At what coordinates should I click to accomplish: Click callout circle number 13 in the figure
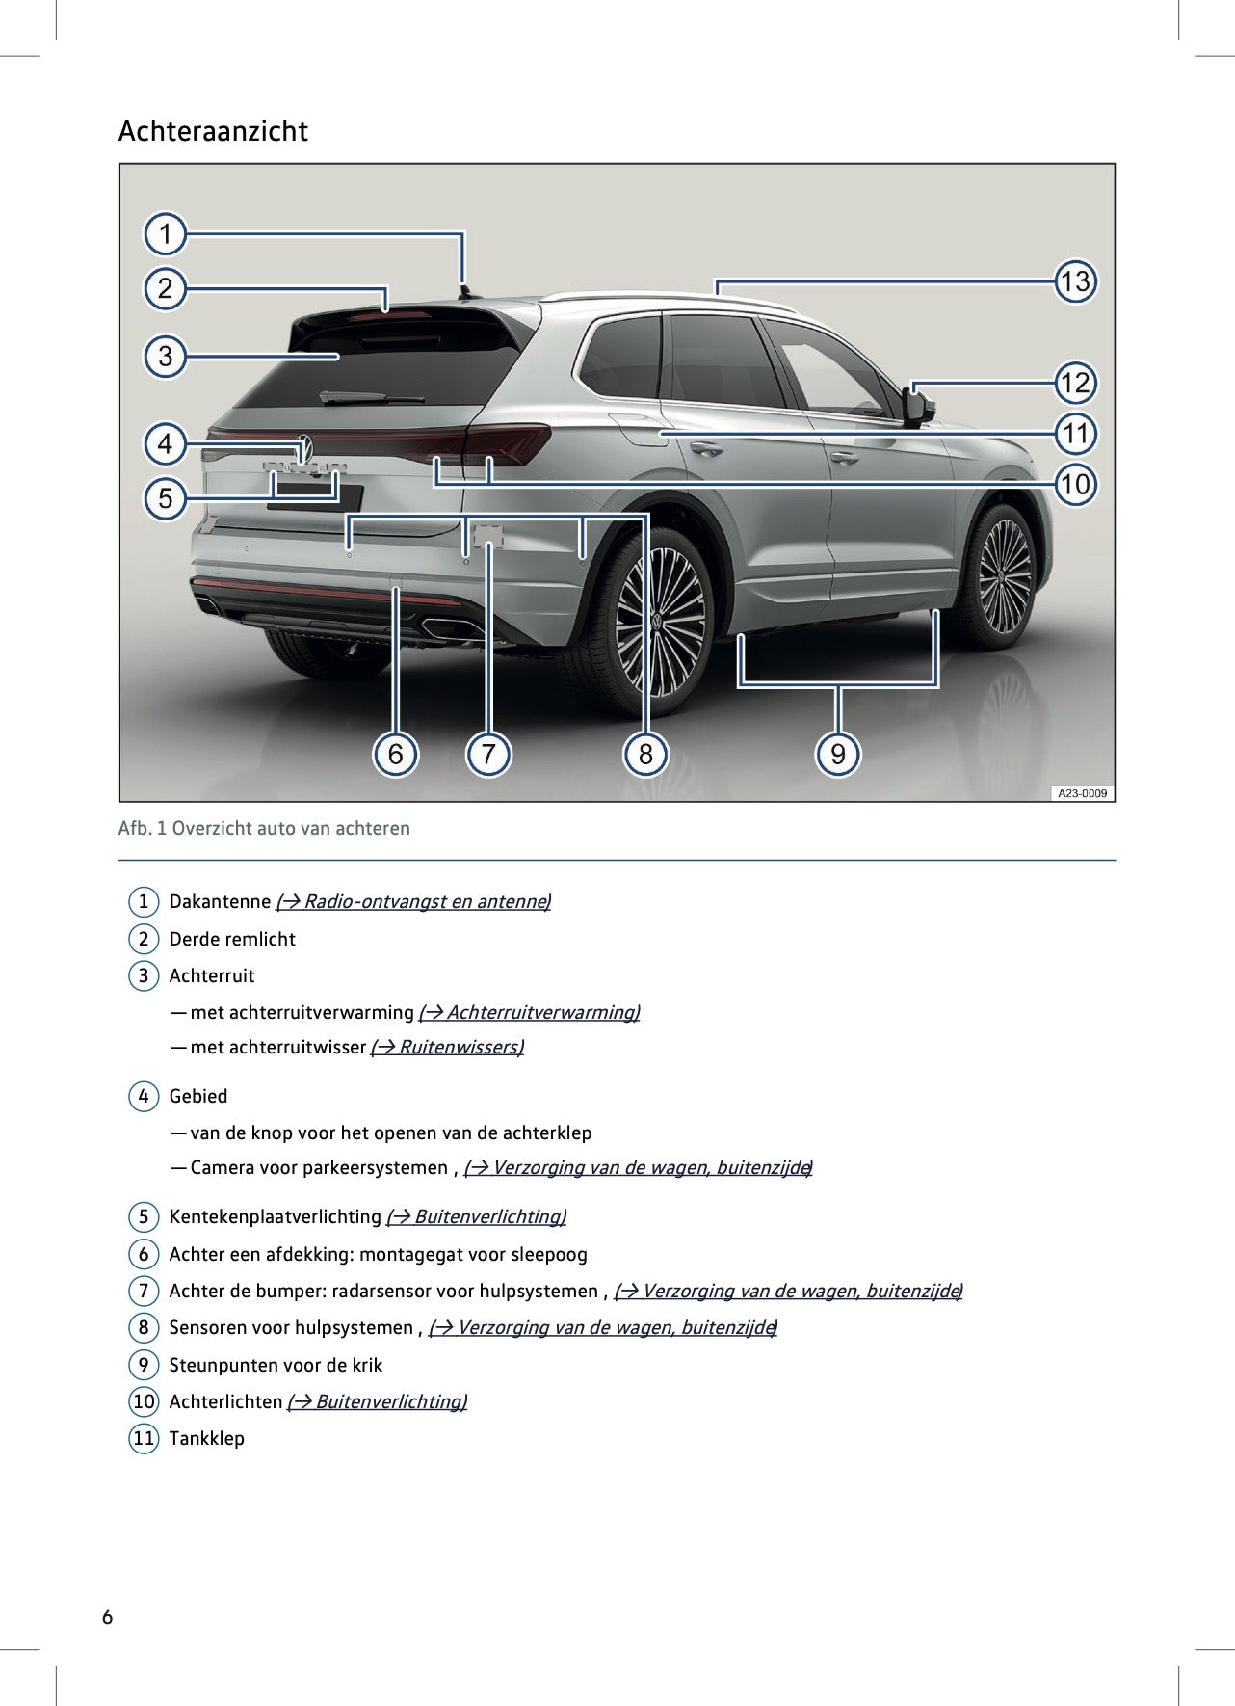coord(1074,281)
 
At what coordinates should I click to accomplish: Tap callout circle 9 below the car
coord(837,753)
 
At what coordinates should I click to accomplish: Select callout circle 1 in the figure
coord(166,234)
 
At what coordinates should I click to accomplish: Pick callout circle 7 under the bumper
coord(488,753)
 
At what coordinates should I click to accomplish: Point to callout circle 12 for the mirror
coord(1074,383)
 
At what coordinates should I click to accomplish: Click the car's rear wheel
coord(659,622)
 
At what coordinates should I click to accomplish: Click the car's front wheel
coord(1004,576)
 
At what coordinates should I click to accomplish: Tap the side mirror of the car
coord(919,406)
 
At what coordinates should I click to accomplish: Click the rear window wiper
coord(371,396)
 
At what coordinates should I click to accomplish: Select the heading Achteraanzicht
coord(213,131)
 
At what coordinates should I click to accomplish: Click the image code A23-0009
coord(1082,793)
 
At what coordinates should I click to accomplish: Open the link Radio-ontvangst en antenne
coord(413,901)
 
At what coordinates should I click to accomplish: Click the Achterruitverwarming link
coord(529,1012)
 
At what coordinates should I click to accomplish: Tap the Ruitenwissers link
coord(447,1047)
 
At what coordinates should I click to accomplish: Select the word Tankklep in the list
coord(206,1438)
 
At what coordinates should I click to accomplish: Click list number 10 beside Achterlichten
coord(144,1401)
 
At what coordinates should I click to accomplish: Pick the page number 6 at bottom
coord(107,1616)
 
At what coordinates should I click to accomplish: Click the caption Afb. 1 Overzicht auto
coord(264,828)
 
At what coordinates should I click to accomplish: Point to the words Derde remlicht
coord(232,939)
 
